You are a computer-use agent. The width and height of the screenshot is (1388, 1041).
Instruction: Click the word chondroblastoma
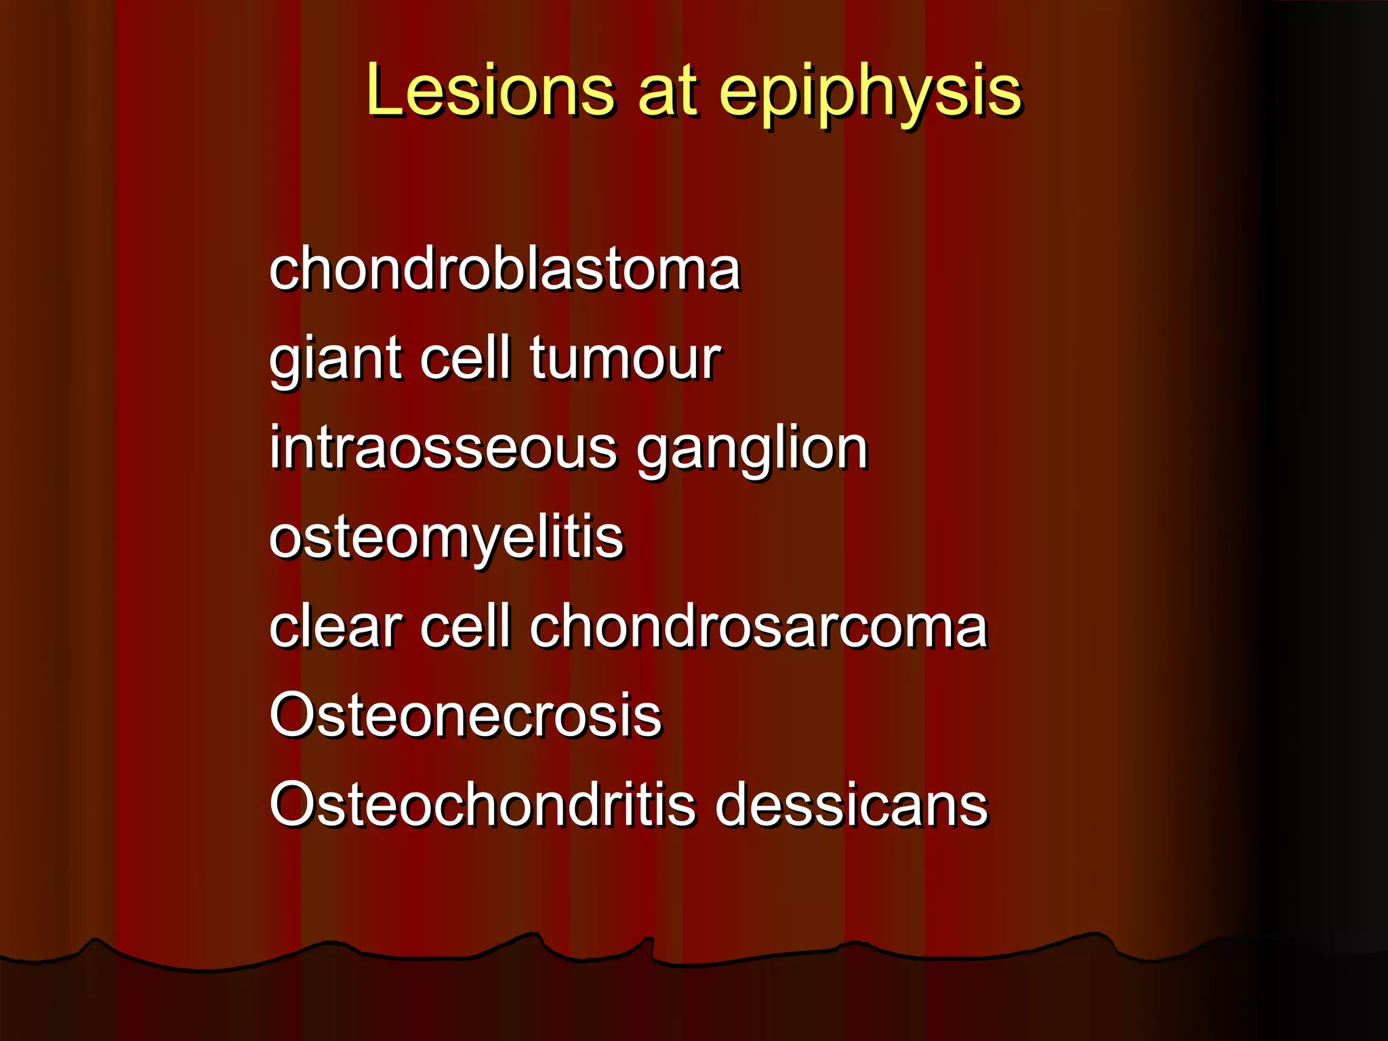click(504, 270)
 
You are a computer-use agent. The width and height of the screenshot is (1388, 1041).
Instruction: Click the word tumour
click(624, 359)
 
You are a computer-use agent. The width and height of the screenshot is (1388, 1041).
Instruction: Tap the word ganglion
click(752, 451)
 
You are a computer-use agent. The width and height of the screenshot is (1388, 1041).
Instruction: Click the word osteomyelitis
click(446, 538)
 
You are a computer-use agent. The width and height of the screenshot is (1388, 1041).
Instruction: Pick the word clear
click(336, 627)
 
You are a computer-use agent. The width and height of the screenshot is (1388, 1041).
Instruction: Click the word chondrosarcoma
click(758, 627)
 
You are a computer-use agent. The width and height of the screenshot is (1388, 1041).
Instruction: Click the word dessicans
click(852, 804)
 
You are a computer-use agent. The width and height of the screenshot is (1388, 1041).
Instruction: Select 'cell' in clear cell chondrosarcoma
click(464, 627)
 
